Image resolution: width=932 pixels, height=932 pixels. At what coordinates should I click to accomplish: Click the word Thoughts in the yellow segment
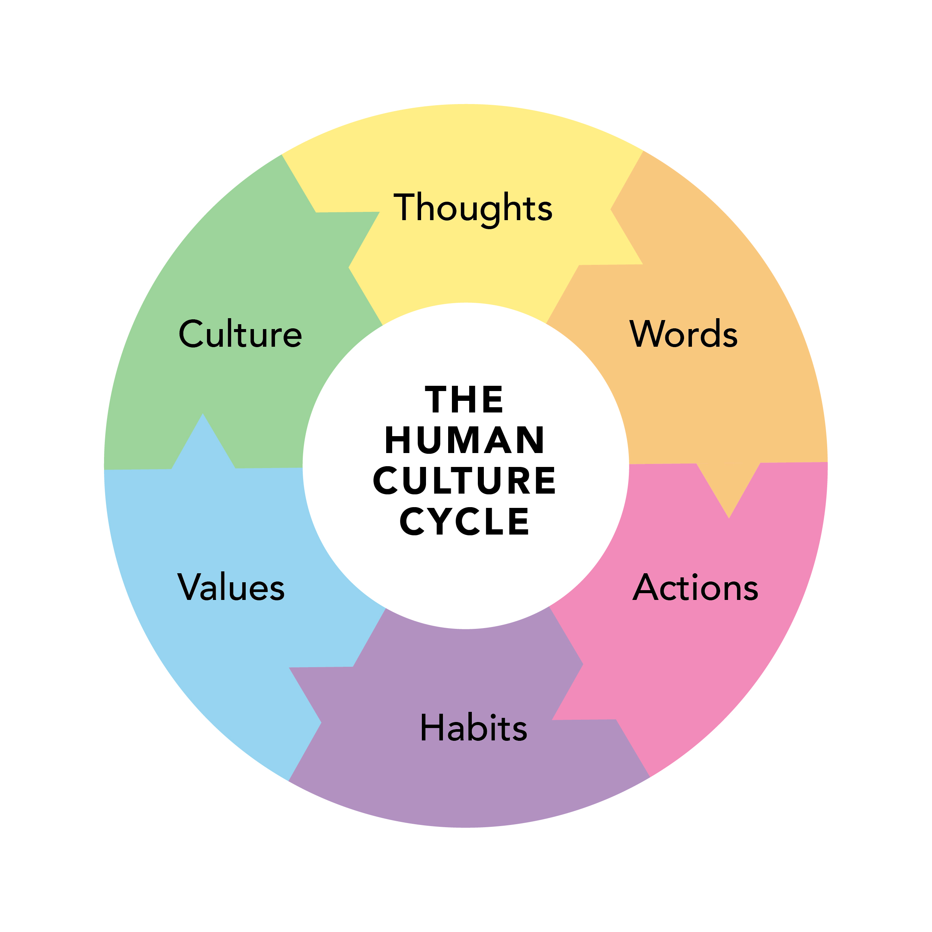[473, 207]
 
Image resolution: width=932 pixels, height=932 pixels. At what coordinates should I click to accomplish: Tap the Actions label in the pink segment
[695, 588]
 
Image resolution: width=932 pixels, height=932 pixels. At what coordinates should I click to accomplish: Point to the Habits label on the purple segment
[473, 728]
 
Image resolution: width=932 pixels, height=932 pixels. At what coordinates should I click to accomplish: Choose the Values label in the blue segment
[231, 587]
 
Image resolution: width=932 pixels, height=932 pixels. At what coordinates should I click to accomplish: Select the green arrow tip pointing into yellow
[351, 267]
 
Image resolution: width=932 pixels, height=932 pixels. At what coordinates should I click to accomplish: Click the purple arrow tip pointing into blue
[319, 722]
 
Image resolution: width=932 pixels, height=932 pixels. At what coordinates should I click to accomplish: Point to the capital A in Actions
[645, 587]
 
